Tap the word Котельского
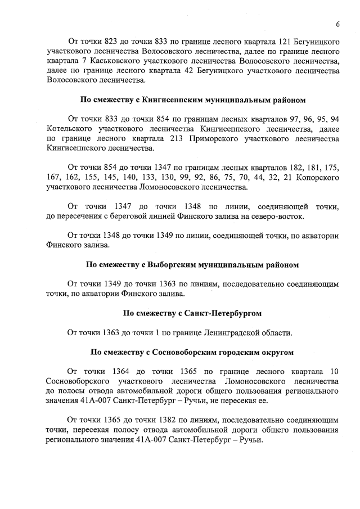(70, 129)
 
